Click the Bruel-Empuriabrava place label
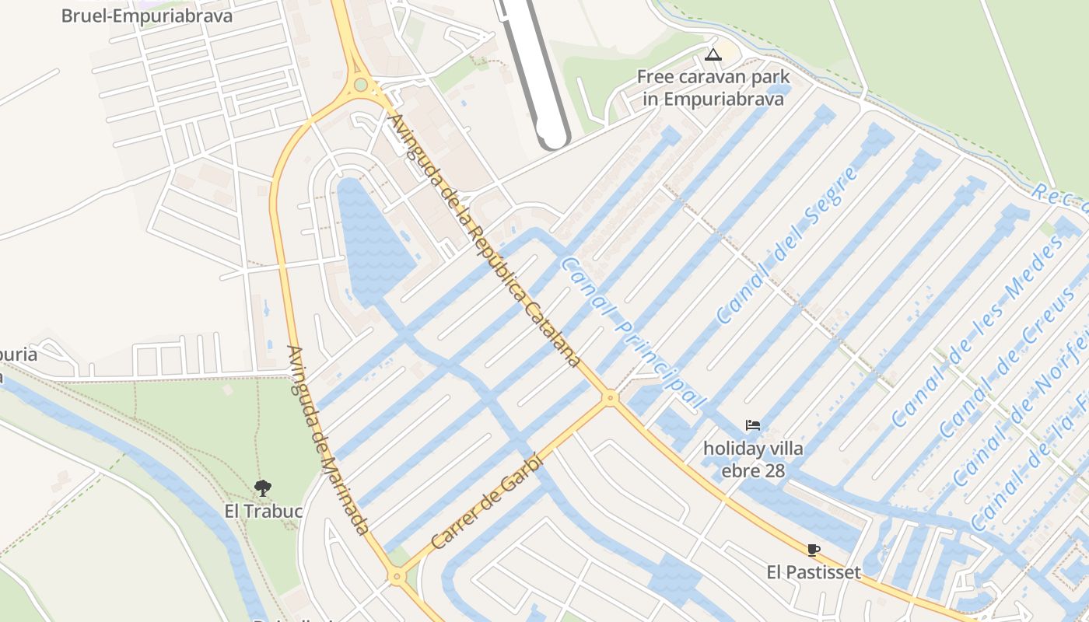pyautogui.click(x=147, y=16)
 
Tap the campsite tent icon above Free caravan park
pyautogui.click(x=713, y=54)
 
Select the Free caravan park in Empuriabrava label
pyautogui.click(x=713, y=88)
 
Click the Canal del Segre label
pyautogui.click(x=787, y=245)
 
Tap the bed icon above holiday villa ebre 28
pyautogui.click(x=752, y=425)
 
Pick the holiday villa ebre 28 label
pyautogui.click(x=753, y=460)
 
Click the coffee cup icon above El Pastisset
pyautogui.click(x=814, y=550)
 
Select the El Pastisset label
pyautogui.click(x=814, y=573)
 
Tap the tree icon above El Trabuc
pyautogui.click(x=263, y=488)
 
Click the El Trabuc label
pyautogui.click(x=263, y=511)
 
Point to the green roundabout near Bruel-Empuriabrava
pyautogui.click(x=360, y=85)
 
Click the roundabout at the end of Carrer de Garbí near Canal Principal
pyautogui.click(x=611, y=398)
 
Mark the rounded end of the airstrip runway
pyautogui.click(x=553, y=136)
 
